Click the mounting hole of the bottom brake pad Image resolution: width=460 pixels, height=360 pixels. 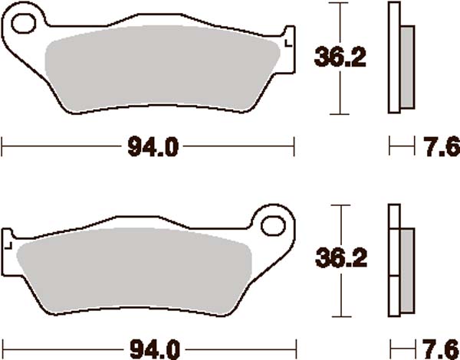(272, 225)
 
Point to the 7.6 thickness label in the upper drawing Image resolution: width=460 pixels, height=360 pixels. (438, 146)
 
